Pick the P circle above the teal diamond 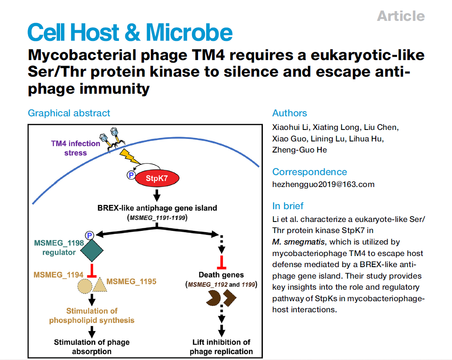pos(89,235)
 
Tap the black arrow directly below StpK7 pos(157,196)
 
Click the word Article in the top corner pos(401,16)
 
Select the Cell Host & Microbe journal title pos(130,33)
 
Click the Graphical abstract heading pos(69,113)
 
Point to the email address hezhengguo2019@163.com pos(323,184)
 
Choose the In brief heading pos(288,206)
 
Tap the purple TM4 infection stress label pos(75,148)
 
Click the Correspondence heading pos(310,172)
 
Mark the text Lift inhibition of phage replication pos(221,347)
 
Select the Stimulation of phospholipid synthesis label pos(92,315)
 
